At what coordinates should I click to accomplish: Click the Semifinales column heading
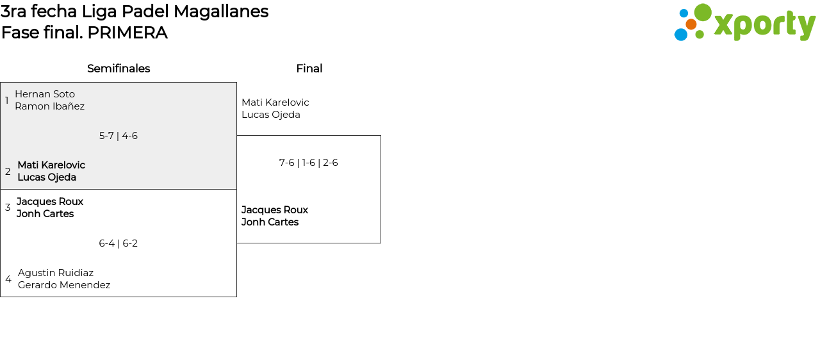coord(119,69)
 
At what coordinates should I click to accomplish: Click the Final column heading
coord(309,69)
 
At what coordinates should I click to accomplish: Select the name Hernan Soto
coord(45,94)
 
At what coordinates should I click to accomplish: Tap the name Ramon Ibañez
coord(49,106)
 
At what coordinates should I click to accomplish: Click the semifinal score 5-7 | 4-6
coord(118,136)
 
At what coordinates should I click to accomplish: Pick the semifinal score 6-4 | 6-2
coord(118,243)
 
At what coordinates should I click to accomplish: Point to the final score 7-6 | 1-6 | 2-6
coord(308,163)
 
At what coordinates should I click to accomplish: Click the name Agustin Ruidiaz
coord(56,273)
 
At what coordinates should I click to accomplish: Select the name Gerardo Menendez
coord(64,285)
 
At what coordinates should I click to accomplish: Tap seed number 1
coord(6,101)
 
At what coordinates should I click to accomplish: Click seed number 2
coord(8,172)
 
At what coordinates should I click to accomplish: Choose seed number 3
coord(8,208)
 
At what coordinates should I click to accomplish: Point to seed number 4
coord(8,279)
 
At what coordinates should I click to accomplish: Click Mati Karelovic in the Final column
coord(275,102)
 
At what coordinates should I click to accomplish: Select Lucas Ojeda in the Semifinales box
coord(47,177)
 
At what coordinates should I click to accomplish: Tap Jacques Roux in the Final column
coord(274,210)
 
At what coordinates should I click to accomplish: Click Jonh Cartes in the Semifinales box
coord(45,214)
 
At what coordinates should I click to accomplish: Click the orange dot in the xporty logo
coord(691,24)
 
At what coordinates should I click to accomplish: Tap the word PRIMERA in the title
coord(127,33)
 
